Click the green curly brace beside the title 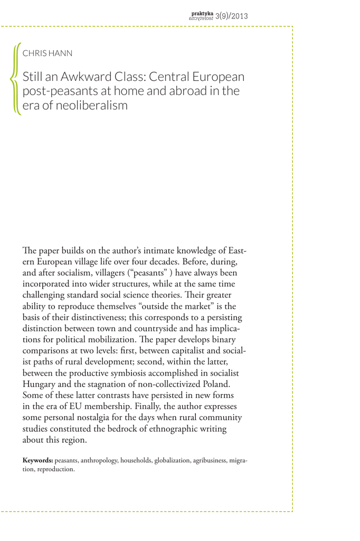point(14,78)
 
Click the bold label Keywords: point(37,460)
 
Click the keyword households point(137,460)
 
